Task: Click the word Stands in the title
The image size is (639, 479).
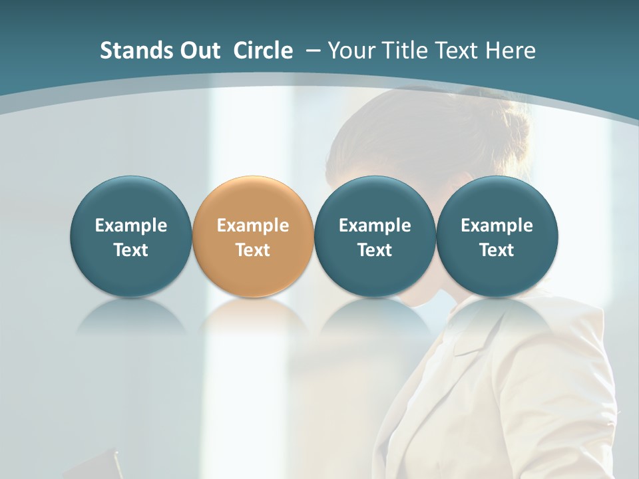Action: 130,51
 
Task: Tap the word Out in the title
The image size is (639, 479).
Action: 198,51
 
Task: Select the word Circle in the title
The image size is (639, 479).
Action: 263,51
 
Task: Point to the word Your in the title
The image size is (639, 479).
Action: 350,51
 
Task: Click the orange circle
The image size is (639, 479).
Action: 253,200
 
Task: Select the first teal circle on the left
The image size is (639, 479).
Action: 130,200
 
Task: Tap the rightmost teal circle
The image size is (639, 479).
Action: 497,200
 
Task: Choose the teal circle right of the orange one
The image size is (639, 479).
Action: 375,200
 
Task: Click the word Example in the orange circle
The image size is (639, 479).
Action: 253,226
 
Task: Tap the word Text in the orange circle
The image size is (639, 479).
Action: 253,250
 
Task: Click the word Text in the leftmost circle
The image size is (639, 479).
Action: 130,250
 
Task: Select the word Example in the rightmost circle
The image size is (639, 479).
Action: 497,226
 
